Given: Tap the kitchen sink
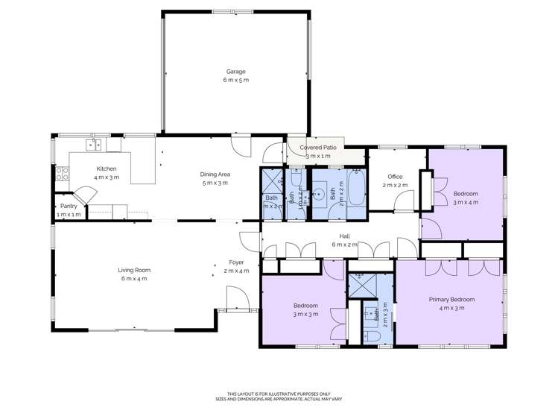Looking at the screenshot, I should coord(94,145).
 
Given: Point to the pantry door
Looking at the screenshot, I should coord(87,195).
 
